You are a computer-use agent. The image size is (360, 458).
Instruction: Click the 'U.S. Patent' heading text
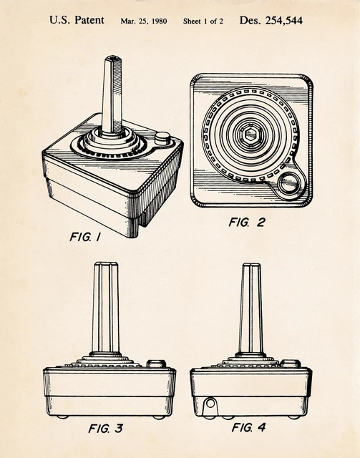tap(77, 20)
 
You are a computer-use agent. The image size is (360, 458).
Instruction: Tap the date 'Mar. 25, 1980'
tap(144, 21)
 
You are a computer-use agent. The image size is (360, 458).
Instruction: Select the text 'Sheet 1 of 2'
tap(203, 21)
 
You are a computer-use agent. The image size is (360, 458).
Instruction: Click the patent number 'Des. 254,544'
tap(271, 20)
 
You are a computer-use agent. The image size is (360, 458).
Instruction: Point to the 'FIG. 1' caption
tap(85, 237)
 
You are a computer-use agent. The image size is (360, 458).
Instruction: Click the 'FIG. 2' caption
tap(247, 223)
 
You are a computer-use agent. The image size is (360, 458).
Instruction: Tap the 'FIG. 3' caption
tap(105, 429)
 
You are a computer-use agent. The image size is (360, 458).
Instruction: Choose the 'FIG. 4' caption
tap(248, 428)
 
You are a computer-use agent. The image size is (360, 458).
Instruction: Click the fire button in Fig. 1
tap(162, 138)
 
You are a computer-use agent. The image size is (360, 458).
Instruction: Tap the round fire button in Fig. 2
tap(288, 184)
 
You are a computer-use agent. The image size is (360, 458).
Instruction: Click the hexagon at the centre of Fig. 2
tap(250, 135)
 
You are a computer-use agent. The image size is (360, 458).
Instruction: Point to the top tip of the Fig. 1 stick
tap(113, 57)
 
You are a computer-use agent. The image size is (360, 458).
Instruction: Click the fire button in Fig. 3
tap(156, 364)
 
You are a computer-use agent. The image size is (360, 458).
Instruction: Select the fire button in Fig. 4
tap(291, 364)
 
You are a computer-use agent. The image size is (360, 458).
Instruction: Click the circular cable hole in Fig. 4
tap(210, 404)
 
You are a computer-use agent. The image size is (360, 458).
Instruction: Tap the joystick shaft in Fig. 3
tap(106, 308)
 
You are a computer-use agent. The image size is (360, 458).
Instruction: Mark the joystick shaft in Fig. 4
tap(251, 308)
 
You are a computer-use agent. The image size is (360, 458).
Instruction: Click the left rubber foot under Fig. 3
tap(62, 416)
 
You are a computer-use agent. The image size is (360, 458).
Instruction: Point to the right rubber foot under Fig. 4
tap(294, 417)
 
